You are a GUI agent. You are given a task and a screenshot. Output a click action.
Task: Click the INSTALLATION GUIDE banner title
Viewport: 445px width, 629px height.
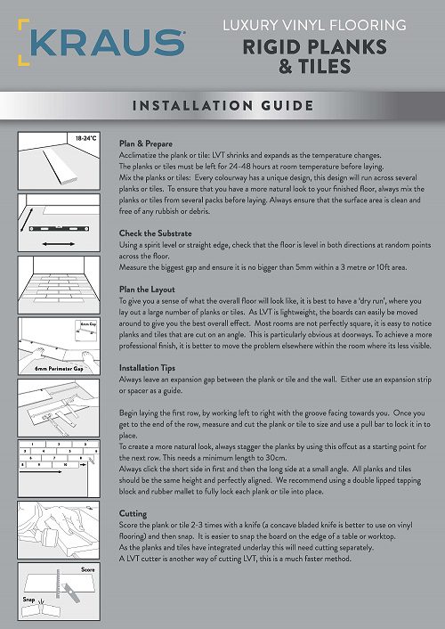[222, 105]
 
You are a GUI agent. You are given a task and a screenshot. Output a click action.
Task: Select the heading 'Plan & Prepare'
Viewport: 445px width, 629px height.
[146, 143]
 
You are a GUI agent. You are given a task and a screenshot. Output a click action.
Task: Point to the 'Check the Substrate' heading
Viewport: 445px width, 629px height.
[155, 233]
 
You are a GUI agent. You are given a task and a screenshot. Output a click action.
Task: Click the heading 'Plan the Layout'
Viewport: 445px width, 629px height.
[147, 290]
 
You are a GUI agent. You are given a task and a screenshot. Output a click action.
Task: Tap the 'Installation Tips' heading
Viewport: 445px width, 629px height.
[147, 367]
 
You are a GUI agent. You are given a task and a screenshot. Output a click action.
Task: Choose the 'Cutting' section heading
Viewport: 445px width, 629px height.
[133, 513]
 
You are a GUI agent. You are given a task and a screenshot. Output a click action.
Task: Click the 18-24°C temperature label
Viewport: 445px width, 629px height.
[86, 138]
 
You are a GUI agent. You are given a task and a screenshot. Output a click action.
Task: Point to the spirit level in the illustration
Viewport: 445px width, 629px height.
[59, 229]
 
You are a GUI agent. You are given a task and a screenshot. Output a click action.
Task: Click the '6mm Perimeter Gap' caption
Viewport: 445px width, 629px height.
[59, 368]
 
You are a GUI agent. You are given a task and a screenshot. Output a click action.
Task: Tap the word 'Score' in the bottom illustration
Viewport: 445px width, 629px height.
[88, 569]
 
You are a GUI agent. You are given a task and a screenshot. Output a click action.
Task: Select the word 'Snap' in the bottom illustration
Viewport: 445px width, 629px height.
[28, 600]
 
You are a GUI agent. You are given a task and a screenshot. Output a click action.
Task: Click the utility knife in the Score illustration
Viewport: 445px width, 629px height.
[71, 592]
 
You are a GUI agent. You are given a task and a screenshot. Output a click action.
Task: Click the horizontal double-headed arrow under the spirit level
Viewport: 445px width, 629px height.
[59, 244]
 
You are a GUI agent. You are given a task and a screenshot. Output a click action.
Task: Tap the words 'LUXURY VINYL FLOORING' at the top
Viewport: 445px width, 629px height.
[315, 25]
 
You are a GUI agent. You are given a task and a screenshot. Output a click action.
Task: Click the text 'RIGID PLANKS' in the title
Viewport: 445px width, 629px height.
[315, 47]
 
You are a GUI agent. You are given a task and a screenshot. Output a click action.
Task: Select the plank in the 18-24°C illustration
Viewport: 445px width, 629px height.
[61, 166]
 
